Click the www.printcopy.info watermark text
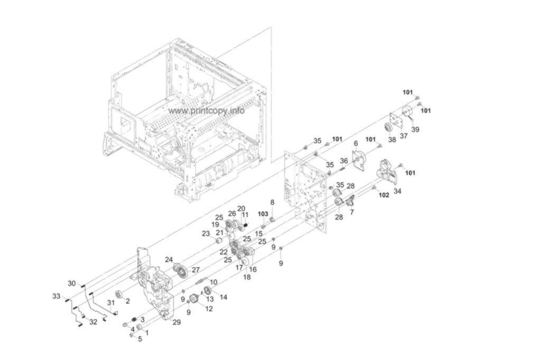(x=207, y=111)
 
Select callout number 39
(x=415, y=129)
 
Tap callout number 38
(x=392, y=140)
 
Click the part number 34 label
(x=397, y=191)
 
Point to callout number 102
(x=384, y=195)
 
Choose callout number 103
(x=263, y=214)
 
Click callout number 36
(x=343, y=160)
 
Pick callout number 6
(x=356, y=143)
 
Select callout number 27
(x=195, y=270)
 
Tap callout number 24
(x=169, y=259)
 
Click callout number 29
(x=176, y=322)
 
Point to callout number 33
(x=56, y=296)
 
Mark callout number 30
(x=71, y=283)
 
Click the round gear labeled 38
(x=389, y=128)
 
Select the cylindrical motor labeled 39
(x=407, y=112)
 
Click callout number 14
(x=223, y=297)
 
